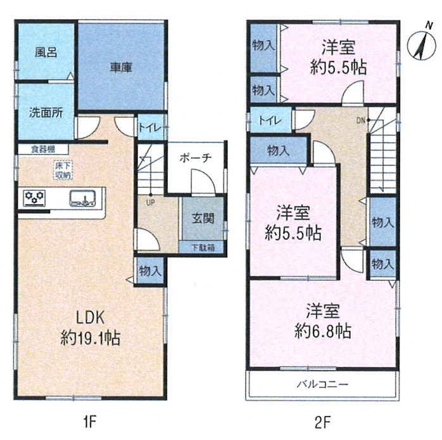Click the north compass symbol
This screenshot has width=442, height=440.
tap(422, 44)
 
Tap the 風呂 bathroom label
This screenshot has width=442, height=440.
tap(46, 53)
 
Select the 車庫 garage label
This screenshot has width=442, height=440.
tap(121, 67)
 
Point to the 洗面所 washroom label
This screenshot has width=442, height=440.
tap(46, 113)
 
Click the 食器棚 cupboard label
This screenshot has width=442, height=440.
tap(43, 149)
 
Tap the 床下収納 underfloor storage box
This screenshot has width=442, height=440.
tap(63, 170)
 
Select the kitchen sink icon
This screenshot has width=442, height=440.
tap(82, 198)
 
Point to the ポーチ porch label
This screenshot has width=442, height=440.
tap(195, 158)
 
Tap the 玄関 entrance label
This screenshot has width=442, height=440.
tap(203, 219)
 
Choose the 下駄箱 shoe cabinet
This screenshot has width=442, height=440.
tap(201, 248)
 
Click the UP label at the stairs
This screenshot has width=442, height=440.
tap(150, 202)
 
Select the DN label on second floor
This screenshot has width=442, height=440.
tap(360, 120)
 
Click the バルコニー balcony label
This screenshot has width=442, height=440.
tap(322, 384)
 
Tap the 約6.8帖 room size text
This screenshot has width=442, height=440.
tap(323, 331)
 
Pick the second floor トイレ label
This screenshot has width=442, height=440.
tap(270, 121)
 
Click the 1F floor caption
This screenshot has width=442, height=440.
tap(90, 422)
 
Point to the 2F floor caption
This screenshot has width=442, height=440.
tap(322, 422)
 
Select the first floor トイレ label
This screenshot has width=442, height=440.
tap(149, 128)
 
